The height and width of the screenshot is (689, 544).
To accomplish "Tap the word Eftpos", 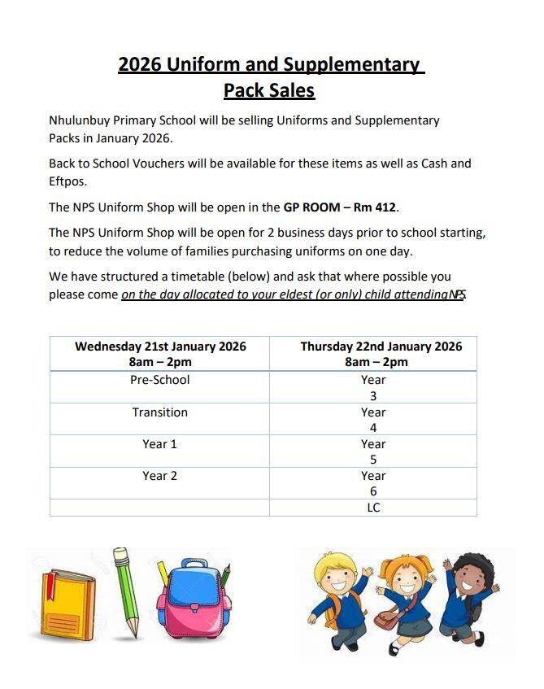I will click(x=67, y=181).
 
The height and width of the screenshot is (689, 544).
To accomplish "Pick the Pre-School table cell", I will click(x=160, y=380).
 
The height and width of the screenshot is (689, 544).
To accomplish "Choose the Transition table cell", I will click(x=160, y=412).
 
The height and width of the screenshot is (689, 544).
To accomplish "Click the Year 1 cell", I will click(x=160, y=444).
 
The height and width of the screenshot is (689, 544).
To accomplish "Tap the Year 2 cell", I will click(x=160, y=476).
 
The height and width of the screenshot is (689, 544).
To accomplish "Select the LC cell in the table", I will click(x=373, y=508).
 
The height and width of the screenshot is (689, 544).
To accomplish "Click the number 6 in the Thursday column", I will click(x=373, y=491).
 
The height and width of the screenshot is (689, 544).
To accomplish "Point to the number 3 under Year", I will click(x=373, y=396).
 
